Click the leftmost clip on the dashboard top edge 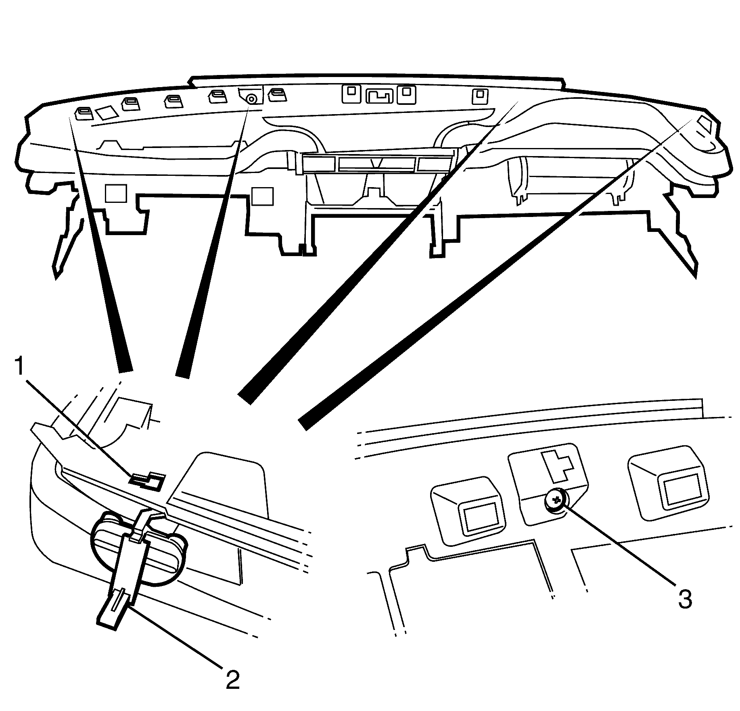point(84,113)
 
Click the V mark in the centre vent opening point(377,163)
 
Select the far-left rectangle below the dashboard point(116,193)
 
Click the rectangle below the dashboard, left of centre point(262,195)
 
